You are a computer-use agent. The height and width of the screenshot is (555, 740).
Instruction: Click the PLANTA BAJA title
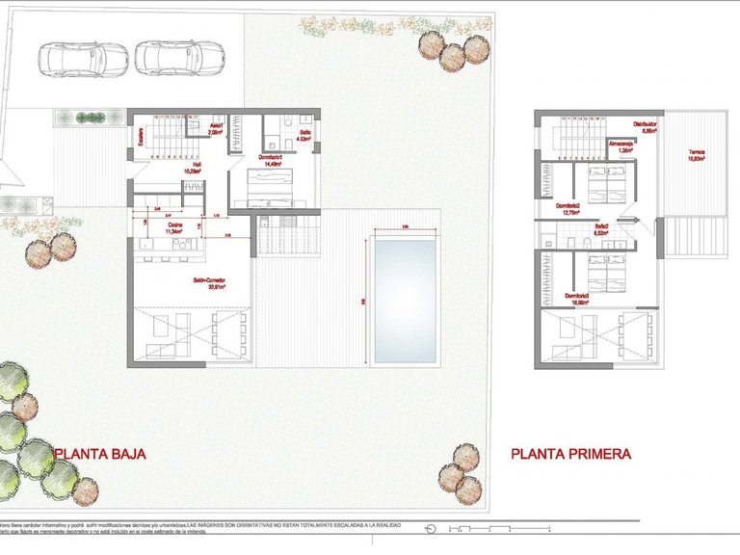pyautogui.click(x=100, y=452)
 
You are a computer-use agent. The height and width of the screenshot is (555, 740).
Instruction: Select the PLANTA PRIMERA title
pyautogui.click(x=570, y=452)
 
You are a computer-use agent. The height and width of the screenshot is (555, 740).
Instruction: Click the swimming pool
pyautogui.click(x=406, y=301)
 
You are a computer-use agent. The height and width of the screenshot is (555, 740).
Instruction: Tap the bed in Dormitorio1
pyautogui.click(x=271, y=187)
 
